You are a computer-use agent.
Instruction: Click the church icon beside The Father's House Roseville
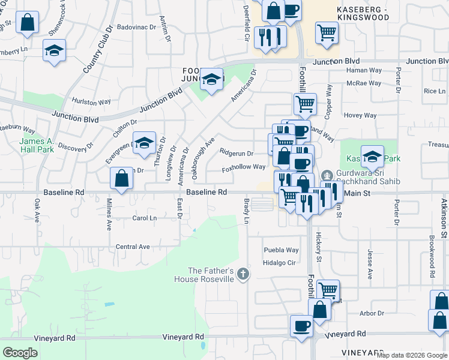pos(243,275)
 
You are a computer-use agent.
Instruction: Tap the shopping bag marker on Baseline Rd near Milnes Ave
pos(121,179)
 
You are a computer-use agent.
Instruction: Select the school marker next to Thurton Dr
pos(144,143)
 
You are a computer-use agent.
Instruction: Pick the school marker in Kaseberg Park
pos(372,157)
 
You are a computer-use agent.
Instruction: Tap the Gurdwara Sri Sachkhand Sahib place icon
pos(327,175)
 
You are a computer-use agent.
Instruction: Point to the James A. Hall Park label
pos(37,145)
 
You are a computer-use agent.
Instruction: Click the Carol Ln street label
pos(144,218)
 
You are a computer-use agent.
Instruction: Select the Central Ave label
pos(133,247)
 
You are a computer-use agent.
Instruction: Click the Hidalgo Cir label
pos(279,263)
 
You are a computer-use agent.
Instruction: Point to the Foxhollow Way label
pos(244,167)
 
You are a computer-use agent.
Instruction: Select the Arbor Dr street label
pos(372,313)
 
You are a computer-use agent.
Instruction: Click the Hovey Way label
pos(360,115)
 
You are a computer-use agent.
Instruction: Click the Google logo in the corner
pos(20,353)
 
